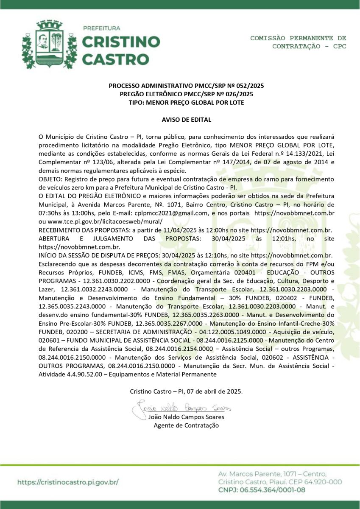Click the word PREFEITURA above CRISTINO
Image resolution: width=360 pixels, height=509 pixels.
coord(102,28)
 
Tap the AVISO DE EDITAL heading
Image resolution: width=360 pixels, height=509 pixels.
coord(187,120)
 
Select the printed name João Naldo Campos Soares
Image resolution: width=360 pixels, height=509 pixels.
coord(187,417)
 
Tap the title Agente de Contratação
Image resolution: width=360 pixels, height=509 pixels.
coord(187,425)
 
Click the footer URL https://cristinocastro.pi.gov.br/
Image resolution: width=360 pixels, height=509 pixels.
coord(68,482)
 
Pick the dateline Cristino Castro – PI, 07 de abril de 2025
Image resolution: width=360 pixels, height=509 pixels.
coord(187,391)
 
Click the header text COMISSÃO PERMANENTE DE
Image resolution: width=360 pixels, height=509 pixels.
coord(298,38)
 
